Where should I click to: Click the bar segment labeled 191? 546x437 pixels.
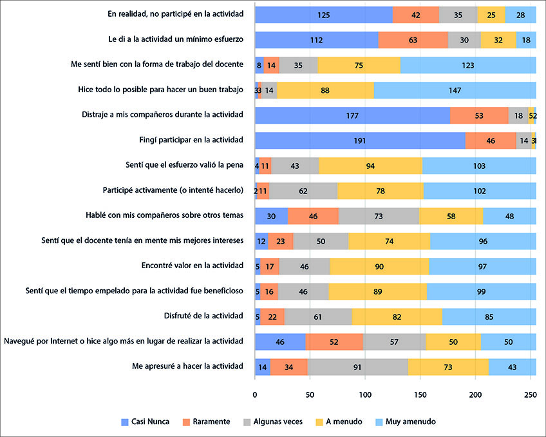[x=360, y=140]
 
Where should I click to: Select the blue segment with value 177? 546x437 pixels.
[x=352, y=115]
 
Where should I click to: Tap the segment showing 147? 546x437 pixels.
[x=455, y=90]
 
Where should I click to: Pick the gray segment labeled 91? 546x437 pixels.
[x=357, y=366]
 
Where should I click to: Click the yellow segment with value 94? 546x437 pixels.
[x=370, y=165]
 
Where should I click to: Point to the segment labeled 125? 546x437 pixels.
[x=323, y=14]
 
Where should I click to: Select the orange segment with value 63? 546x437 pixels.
[x=413, y=39]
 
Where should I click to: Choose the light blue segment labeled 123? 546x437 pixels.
[x=468, y=64]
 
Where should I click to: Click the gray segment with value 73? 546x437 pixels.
[x=379, y=215]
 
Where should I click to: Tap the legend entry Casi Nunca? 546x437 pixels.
[x=146, y=422]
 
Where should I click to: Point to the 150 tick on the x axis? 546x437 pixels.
[x=420, y=393]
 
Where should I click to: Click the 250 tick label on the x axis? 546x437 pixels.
[x=531, y=393]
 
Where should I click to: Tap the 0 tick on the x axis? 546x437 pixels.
[x=255, y=393]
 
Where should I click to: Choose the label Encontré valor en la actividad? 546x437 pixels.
[x=192, y=266]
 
